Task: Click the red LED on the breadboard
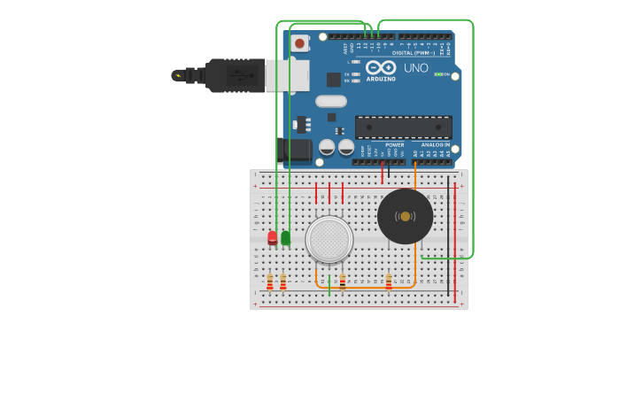click(273, 237)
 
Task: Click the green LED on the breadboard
click(285, 237)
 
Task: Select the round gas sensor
click(329, 239)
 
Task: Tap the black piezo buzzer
click(405, 216)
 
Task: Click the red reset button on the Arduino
click(300, 42)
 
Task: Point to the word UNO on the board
click(415, 67)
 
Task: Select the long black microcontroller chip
click(403, 127)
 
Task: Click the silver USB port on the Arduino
click(287, 75)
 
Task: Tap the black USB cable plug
click(235, 75)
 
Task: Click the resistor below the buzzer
click(388, 281)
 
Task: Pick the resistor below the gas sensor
click(343, 281)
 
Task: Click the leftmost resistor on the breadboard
click(270, 281)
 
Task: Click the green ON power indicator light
click(437, 74)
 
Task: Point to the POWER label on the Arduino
click(394, 144)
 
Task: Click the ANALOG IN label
click(435, 144)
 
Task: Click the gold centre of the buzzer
click(406, 216)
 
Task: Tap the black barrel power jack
click(295, 150)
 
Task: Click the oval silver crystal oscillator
click(330, 101)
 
